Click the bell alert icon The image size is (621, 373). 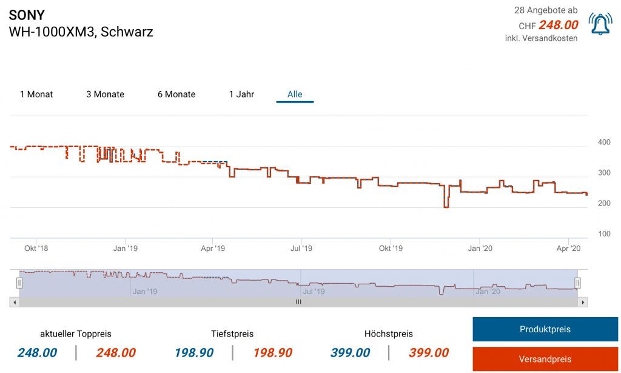pos(600,24)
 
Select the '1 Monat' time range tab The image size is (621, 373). pos(36,94)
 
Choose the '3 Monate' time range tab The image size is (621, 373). pos(105,94)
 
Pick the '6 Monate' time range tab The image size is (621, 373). pos(176,94)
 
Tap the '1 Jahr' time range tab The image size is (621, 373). pos(241,94)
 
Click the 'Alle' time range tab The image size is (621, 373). pos(295,94)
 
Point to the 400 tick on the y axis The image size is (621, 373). pos(604,142)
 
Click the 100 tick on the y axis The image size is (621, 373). pos(604,234)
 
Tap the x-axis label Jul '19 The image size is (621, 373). pos(301,248)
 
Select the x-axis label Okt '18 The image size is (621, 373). pos(36,248)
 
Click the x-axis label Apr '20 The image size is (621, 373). pos(568,248)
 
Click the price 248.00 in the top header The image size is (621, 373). pos(558,26)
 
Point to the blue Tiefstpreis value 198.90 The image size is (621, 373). pos(194,353)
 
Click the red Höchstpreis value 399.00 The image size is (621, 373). pos(429,353)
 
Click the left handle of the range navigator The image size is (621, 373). pos(19,282)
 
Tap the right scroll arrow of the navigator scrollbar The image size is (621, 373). pos(583,302)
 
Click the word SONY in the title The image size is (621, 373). pos(27,15)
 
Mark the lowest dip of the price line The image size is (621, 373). pos(446,207)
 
